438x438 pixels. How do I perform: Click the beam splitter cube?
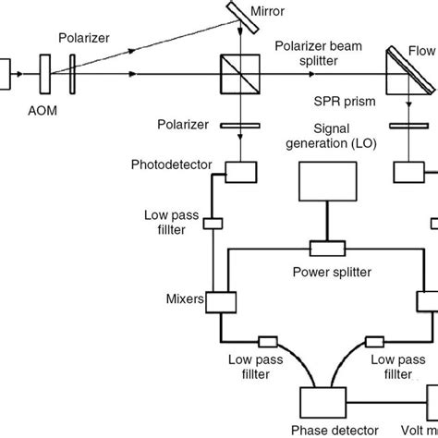tap(238, 72)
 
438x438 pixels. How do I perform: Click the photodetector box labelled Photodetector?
tap(238, 171)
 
